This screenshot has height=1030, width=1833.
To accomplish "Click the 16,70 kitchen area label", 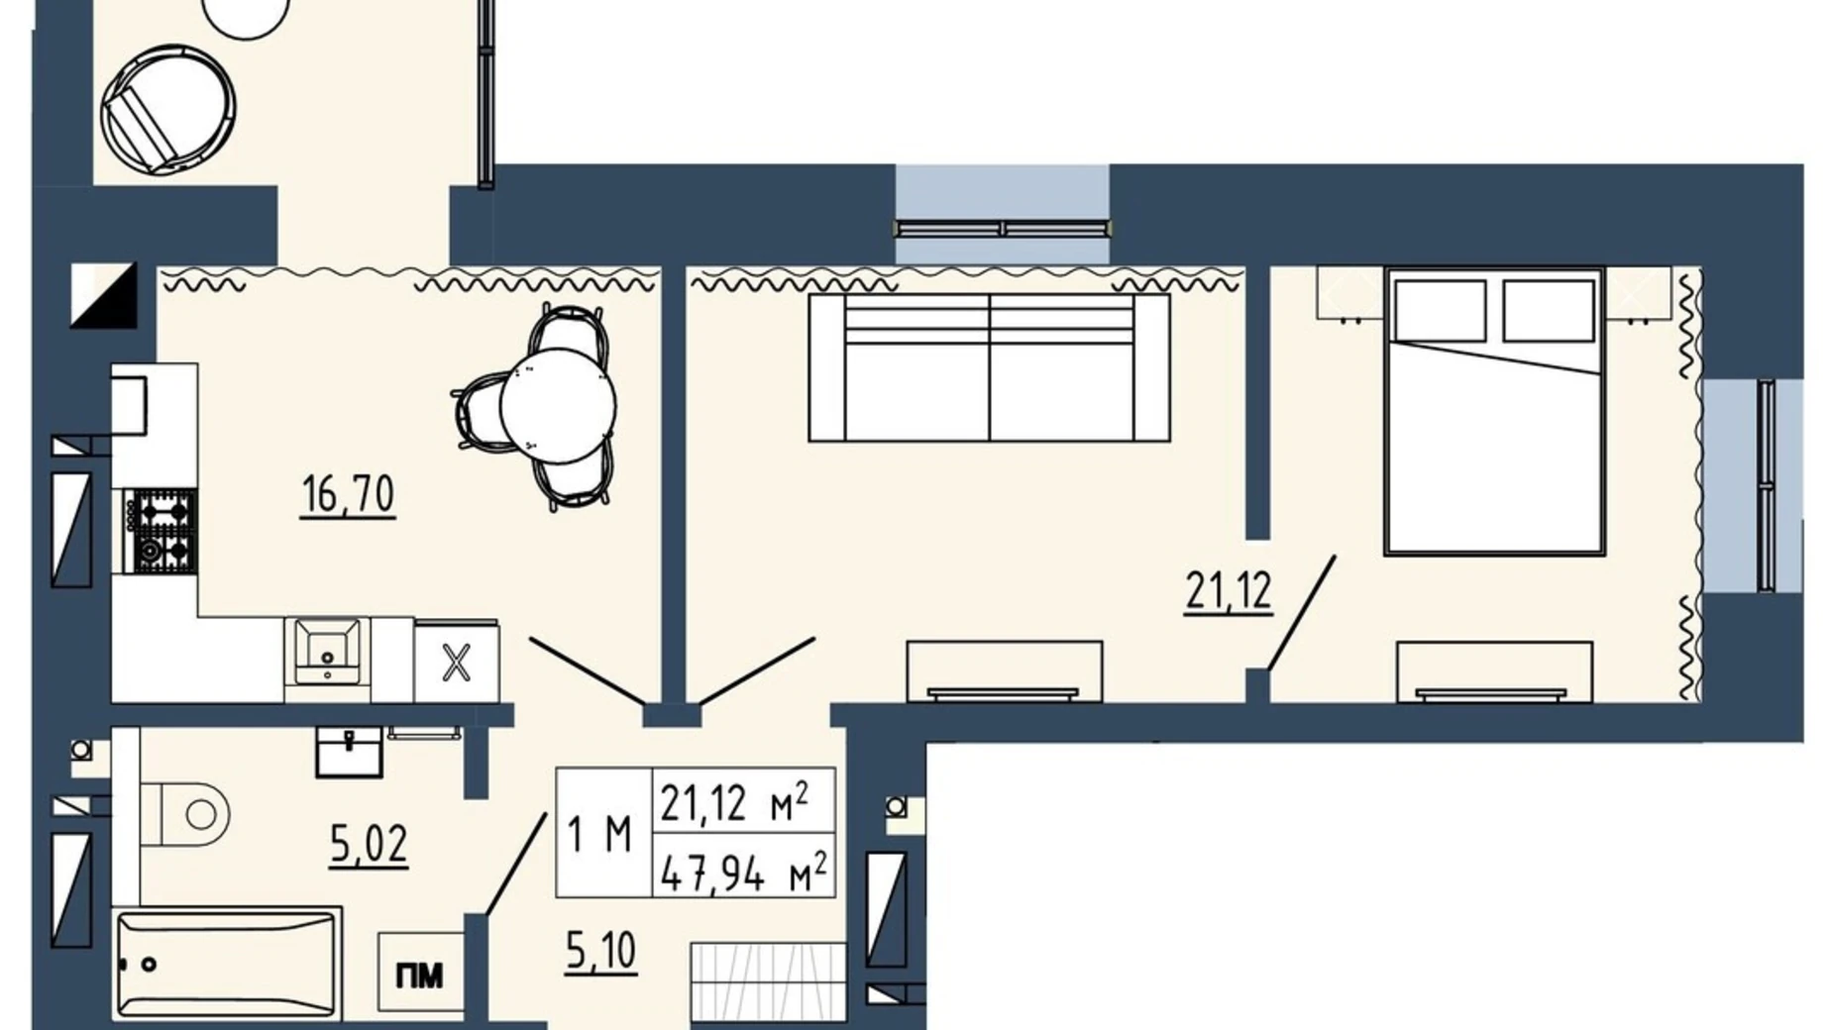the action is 349,494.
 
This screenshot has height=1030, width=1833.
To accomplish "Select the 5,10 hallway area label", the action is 601,952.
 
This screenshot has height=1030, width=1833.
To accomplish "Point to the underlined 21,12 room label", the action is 1229,592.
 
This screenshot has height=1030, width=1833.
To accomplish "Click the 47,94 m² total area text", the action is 743,873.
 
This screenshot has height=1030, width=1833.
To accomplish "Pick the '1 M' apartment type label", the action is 600,834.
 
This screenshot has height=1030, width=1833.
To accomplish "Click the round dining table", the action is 559,405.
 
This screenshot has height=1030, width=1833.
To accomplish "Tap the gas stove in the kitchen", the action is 161,531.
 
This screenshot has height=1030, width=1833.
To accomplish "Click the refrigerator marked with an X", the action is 457,662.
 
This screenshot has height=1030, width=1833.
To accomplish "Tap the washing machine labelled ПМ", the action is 420,976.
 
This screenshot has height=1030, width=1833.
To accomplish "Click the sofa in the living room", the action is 989,367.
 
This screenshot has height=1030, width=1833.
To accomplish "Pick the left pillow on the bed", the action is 1440,310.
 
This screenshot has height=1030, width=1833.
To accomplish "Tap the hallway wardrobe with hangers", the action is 769,982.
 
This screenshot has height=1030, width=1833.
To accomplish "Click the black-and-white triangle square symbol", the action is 104,295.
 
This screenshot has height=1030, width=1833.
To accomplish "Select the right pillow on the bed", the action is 1548,310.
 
